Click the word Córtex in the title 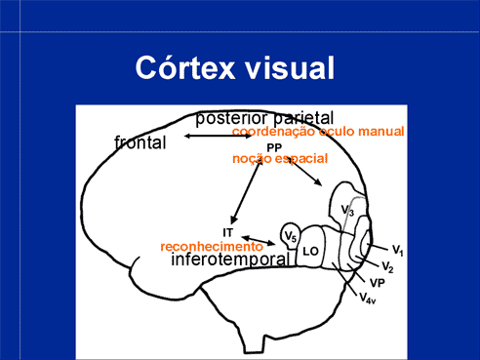tap(184, 67)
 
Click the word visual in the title tap(290, 67)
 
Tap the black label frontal tap(140, 142)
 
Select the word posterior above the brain tap(232, 118)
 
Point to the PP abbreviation tap(274, 148)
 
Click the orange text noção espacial tap(280, 159)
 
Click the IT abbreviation tap(228, 232)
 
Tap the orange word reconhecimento tap(212, 247)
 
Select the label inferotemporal tap(230, 260)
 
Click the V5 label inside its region tap(291, 236)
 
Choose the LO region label tap(310, 251)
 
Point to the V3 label tap(348, 210)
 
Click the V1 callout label tap(398, 250)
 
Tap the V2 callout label tap(387, 266)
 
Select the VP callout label tap(378, 283)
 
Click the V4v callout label tap(368, 298)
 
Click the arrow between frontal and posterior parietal tap(218, 136)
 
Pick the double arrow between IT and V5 tap(259, 241)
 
